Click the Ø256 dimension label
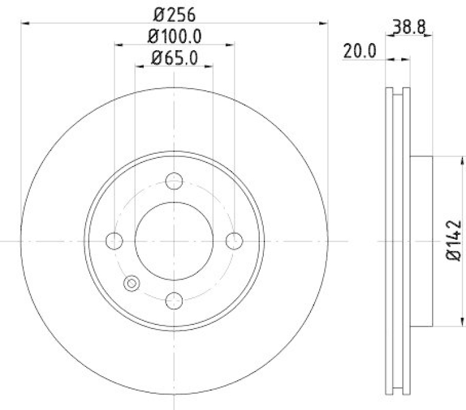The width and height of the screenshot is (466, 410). point(174,13)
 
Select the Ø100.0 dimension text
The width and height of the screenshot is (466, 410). point(174,36)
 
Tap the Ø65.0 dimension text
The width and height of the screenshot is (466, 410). point(174,58)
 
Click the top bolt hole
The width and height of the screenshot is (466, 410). point(174,181)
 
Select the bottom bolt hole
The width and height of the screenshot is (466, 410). point(174,301)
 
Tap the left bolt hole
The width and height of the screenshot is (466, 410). point(115,241)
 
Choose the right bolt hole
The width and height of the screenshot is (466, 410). point(234,241)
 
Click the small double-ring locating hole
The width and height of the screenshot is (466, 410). point(132,284)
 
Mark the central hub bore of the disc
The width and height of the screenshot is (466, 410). point(174,241)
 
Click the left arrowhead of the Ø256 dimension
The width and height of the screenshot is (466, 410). point(24,23)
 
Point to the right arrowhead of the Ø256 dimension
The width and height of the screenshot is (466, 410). point(324,23)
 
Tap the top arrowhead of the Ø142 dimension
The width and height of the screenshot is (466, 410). point(463,159)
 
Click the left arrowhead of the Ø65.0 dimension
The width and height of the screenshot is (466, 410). point(139,66)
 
